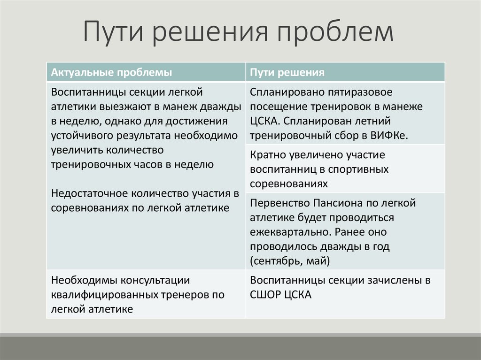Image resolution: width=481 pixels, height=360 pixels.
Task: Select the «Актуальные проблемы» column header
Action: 111,72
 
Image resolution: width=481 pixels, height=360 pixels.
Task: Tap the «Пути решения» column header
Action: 287,72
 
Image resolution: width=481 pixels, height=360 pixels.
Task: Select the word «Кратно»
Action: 266,154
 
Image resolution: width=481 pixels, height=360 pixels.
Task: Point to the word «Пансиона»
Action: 332,203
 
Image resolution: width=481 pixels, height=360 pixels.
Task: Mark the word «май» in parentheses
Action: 321,260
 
